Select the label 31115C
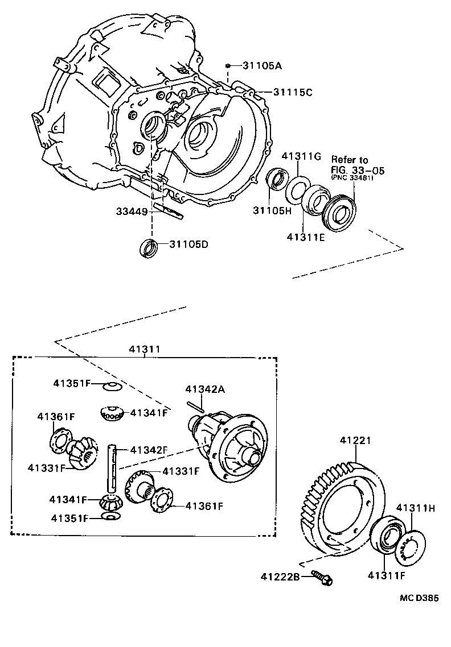(293, 92)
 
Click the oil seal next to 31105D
(149, 248)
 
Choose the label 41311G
(302, 156)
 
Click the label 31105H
(273, 210)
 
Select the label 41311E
(305, 237)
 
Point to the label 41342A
(205, 389)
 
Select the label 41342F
(149, 450)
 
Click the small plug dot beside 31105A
(227, 65)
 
